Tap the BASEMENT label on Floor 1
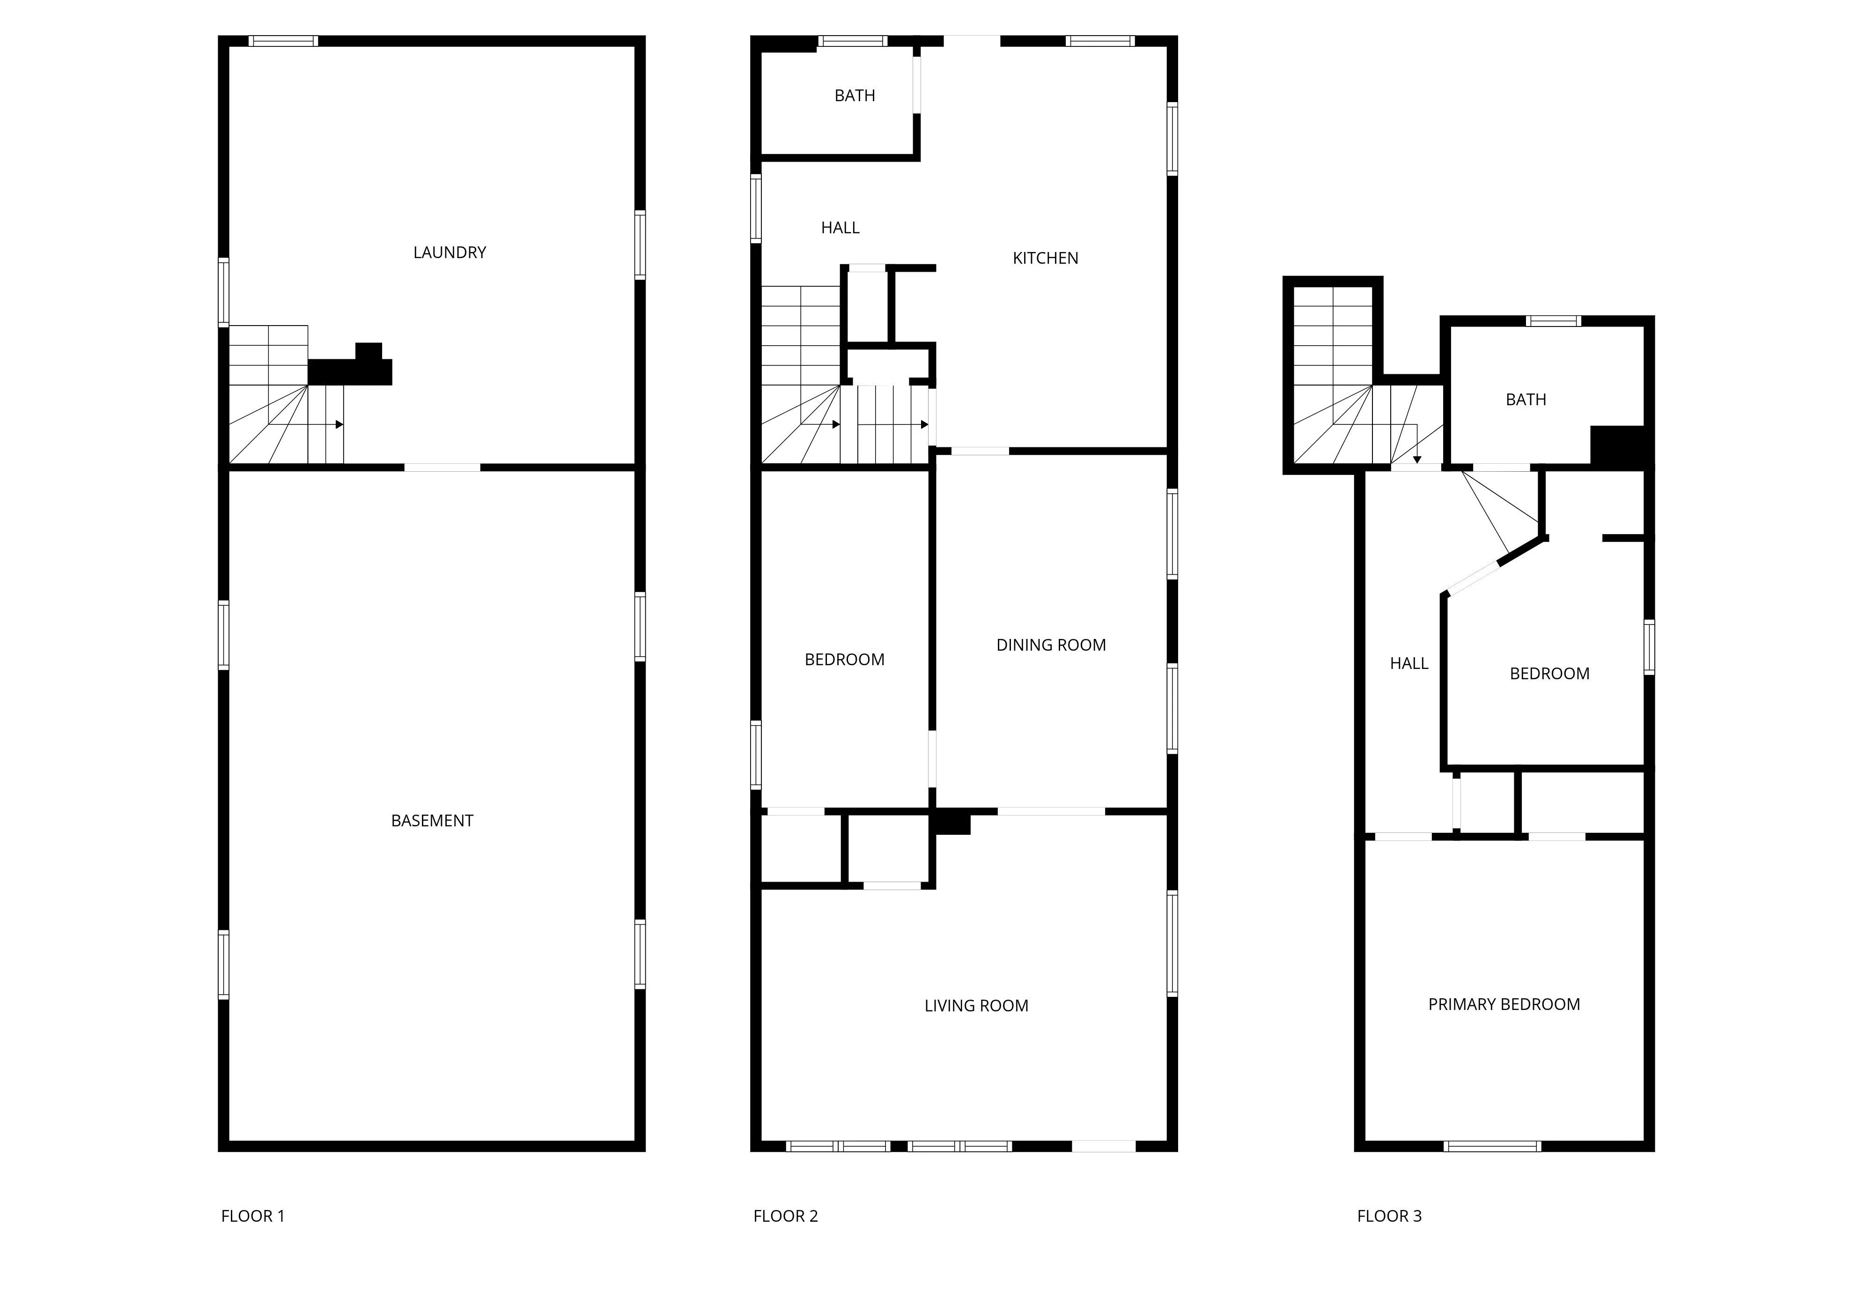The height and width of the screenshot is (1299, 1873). click(432, 820)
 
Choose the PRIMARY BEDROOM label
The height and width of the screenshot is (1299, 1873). click(1504, 1003)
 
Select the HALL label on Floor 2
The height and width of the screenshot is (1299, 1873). click(840, 228)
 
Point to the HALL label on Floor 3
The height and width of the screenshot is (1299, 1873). click(1408, 663)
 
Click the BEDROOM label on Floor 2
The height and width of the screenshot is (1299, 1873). click(844, 659)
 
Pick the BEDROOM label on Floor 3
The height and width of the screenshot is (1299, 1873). click(1549, 673)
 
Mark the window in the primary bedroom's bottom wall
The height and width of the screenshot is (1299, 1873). click(1492, 1146)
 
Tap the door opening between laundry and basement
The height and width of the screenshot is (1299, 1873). click(442, 467)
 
